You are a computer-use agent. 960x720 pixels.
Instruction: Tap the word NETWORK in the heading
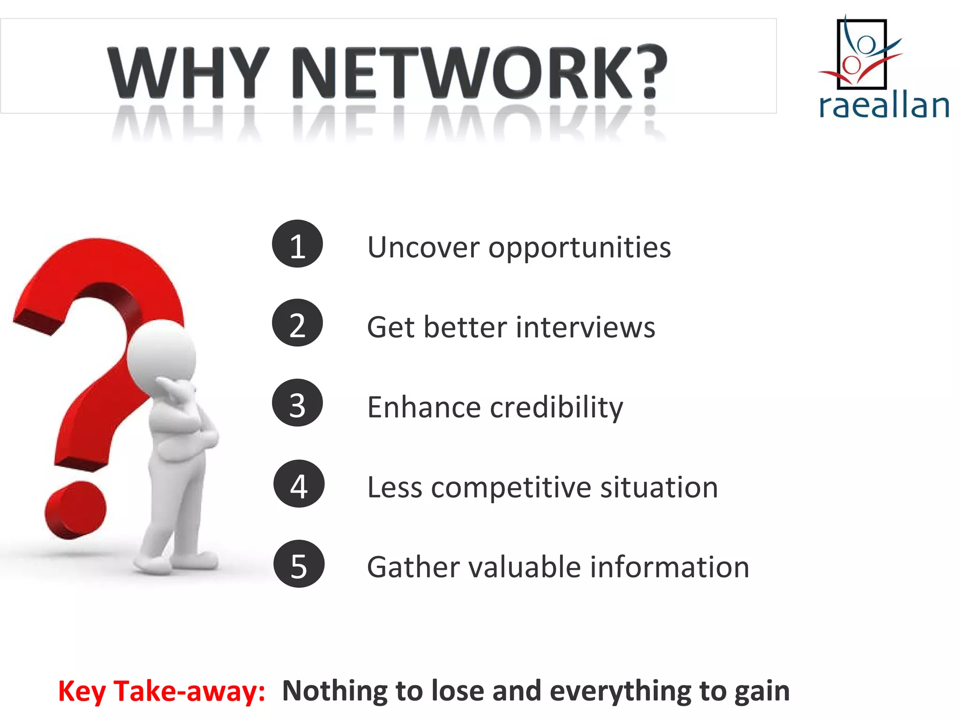pos(464,73)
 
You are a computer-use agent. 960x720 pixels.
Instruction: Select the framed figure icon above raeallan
pos(862,54)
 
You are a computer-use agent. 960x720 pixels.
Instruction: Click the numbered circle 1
pos(297,244)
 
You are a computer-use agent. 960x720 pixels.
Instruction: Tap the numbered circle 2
pos(297,323)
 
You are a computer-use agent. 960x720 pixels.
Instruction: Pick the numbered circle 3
pos(297,403)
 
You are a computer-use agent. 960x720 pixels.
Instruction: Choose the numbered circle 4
pos(299,484)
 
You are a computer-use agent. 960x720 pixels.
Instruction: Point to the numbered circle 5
pos(299,564)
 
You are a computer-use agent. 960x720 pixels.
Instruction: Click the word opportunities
pos(579,248)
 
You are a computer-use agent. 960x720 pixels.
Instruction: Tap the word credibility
pos(556,407)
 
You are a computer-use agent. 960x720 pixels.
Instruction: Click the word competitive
pos(511,488)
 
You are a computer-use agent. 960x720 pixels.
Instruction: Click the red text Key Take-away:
pos(162,691)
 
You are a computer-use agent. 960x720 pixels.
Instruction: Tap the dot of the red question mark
pos(75,510)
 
